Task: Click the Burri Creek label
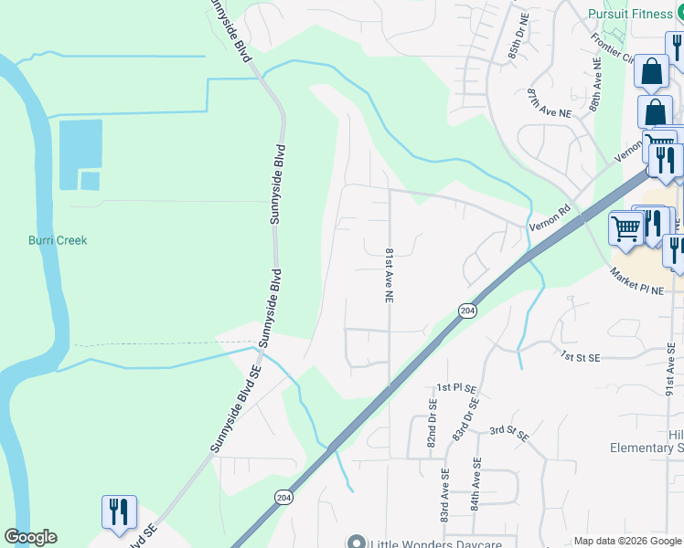click(56, 240)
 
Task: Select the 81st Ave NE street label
click(389, 274)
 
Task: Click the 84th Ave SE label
click(476, 516)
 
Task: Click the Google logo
click(30, 537)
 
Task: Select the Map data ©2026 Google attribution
click(626, 541)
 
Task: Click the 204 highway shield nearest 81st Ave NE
click(466, 311)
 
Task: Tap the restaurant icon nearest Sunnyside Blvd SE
click(119, 512)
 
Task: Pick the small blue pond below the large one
click(90, 180)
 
